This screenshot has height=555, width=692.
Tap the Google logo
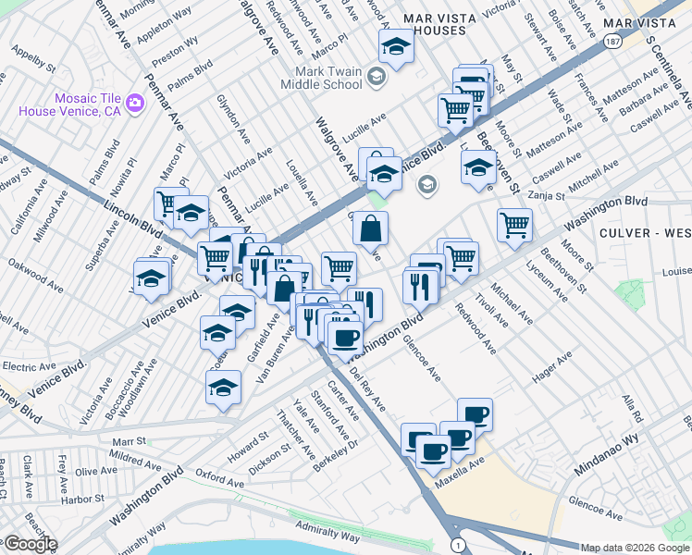coord(30,544)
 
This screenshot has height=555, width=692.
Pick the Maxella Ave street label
coord(463,468)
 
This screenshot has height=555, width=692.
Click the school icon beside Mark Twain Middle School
coord(376,76)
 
